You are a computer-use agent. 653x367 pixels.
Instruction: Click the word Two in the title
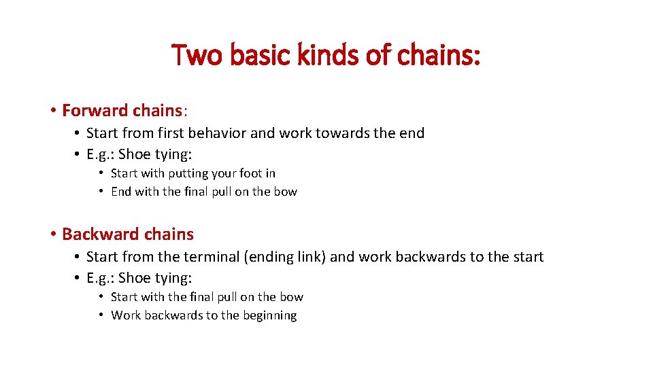pyautogui.click(x=197, y=55)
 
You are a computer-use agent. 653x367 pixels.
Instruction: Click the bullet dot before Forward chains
pyautogui.click(x=52, y=110)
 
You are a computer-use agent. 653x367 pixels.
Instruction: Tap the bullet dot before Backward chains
pyautogui.click(x=52, y=234)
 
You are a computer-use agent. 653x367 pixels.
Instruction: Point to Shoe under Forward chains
pyautogui.click(x=133, y=154)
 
